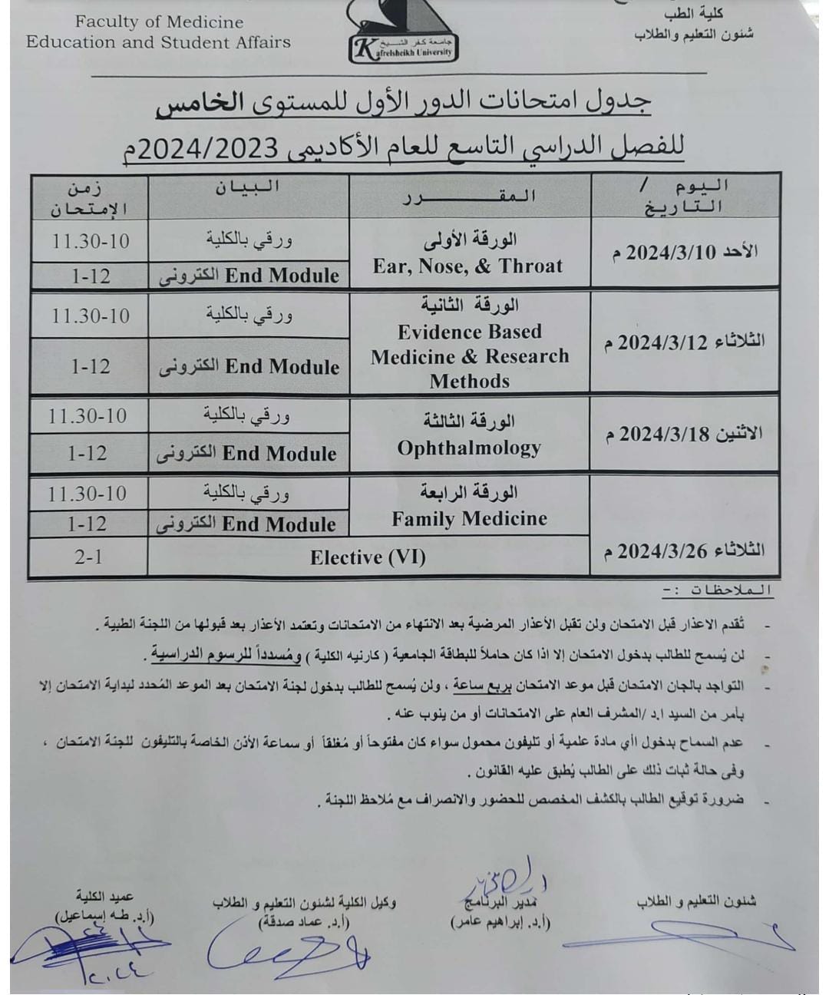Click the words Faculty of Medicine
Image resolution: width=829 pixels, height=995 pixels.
pyautogui.click(x=160, y=22)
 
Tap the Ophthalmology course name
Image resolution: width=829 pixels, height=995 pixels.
pyautogui.click(x=469, y=448)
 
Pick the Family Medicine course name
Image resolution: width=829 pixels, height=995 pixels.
pyautogui.click(x=469, y=519)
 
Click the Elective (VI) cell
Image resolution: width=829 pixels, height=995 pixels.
pyautogui.click(x=368, y=557)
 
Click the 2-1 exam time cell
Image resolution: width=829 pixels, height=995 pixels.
pyautogui.click(x=88, y=557)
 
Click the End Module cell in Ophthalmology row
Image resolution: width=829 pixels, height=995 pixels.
pyautogui.click(x=247, y=453)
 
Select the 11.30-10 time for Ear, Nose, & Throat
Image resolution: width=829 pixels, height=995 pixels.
pyautogui.click(x=91, y=240)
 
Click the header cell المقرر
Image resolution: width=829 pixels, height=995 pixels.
pyautogui.click(x=469, y=197)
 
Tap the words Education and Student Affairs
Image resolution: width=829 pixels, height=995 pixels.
pyautogui.click(x=159, y=42)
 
